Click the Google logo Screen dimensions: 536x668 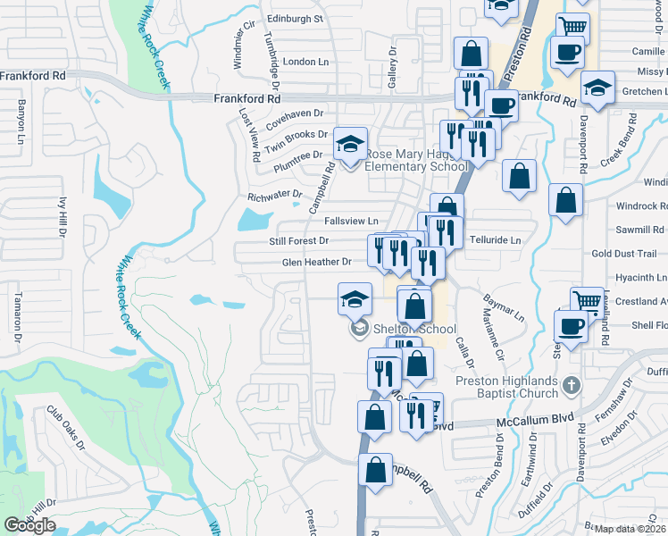(29, 525)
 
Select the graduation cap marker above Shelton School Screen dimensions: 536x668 (355, 299)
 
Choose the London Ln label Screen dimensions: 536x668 (305, 62)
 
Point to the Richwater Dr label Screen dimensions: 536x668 (275, 194)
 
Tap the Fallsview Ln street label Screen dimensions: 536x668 (351, 221)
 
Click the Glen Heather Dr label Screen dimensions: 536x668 (317, 262)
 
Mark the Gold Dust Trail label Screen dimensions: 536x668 (623, 254)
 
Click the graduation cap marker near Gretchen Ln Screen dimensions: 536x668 (597, 88)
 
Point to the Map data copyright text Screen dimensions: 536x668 (630, 528)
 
